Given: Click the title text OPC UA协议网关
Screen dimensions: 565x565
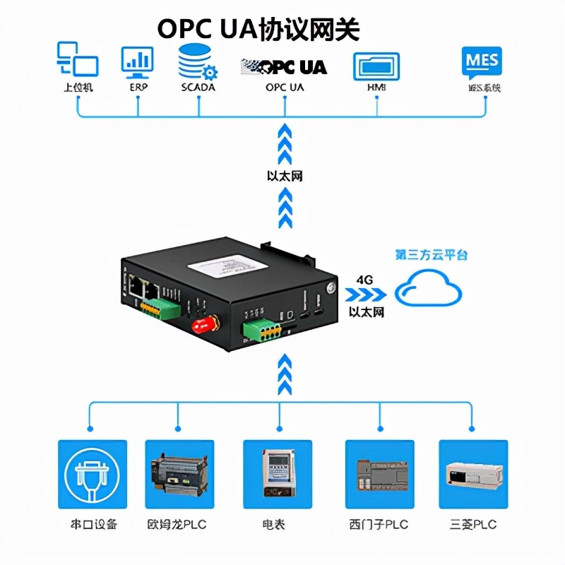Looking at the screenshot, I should (258, 29).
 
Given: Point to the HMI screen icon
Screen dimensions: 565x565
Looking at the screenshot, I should (376, 66).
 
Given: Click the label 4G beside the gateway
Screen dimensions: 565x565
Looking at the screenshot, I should (364, 280).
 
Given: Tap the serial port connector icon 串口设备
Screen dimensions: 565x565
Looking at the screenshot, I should (92, 474).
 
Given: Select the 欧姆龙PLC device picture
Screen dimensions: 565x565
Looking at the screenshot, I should (179, 474).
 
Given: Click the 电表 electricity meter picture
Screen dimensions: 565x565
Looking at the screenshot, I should (278, 474).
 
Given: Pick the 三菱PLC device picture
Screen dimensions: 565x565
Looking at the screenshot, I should (473, 474).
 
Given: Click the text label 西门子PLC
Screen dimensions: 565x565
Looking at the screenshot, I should (379, 525).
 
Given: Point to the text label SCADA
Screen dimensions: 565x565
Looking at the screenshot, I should (198, 88).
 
